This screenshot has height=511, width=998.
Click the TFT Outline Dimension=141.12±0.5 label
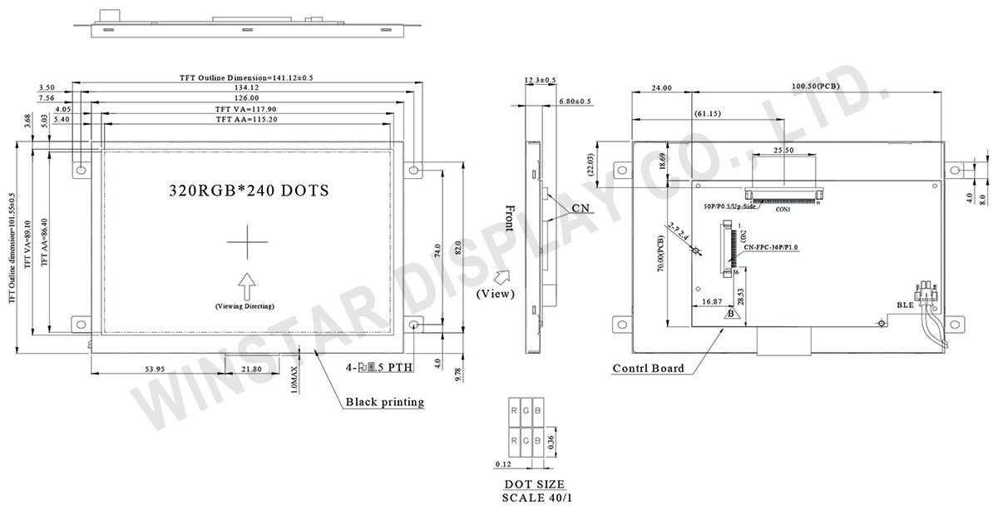click(246, 77)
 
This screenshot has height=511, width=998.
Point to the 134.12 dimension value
click(246, 87)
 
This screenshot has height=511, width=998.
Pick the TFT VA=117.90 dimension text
click(246, 109)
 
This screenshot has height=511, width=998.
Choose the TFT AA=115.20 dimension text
click(246, 120)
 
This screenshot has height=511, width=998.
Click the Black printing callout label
click(384, 402)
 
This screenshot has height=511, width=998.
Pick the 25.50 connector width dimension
click(783, 151)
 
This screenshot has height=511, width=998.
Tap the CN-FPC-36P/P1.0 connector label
click(771, 247)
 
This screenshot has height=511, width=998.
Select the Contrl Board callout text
click(649, 369)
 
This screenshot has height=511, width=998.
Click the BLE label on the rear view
click(906, 305)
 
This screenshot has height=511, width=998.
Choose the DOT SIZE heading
click(535, 484)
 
